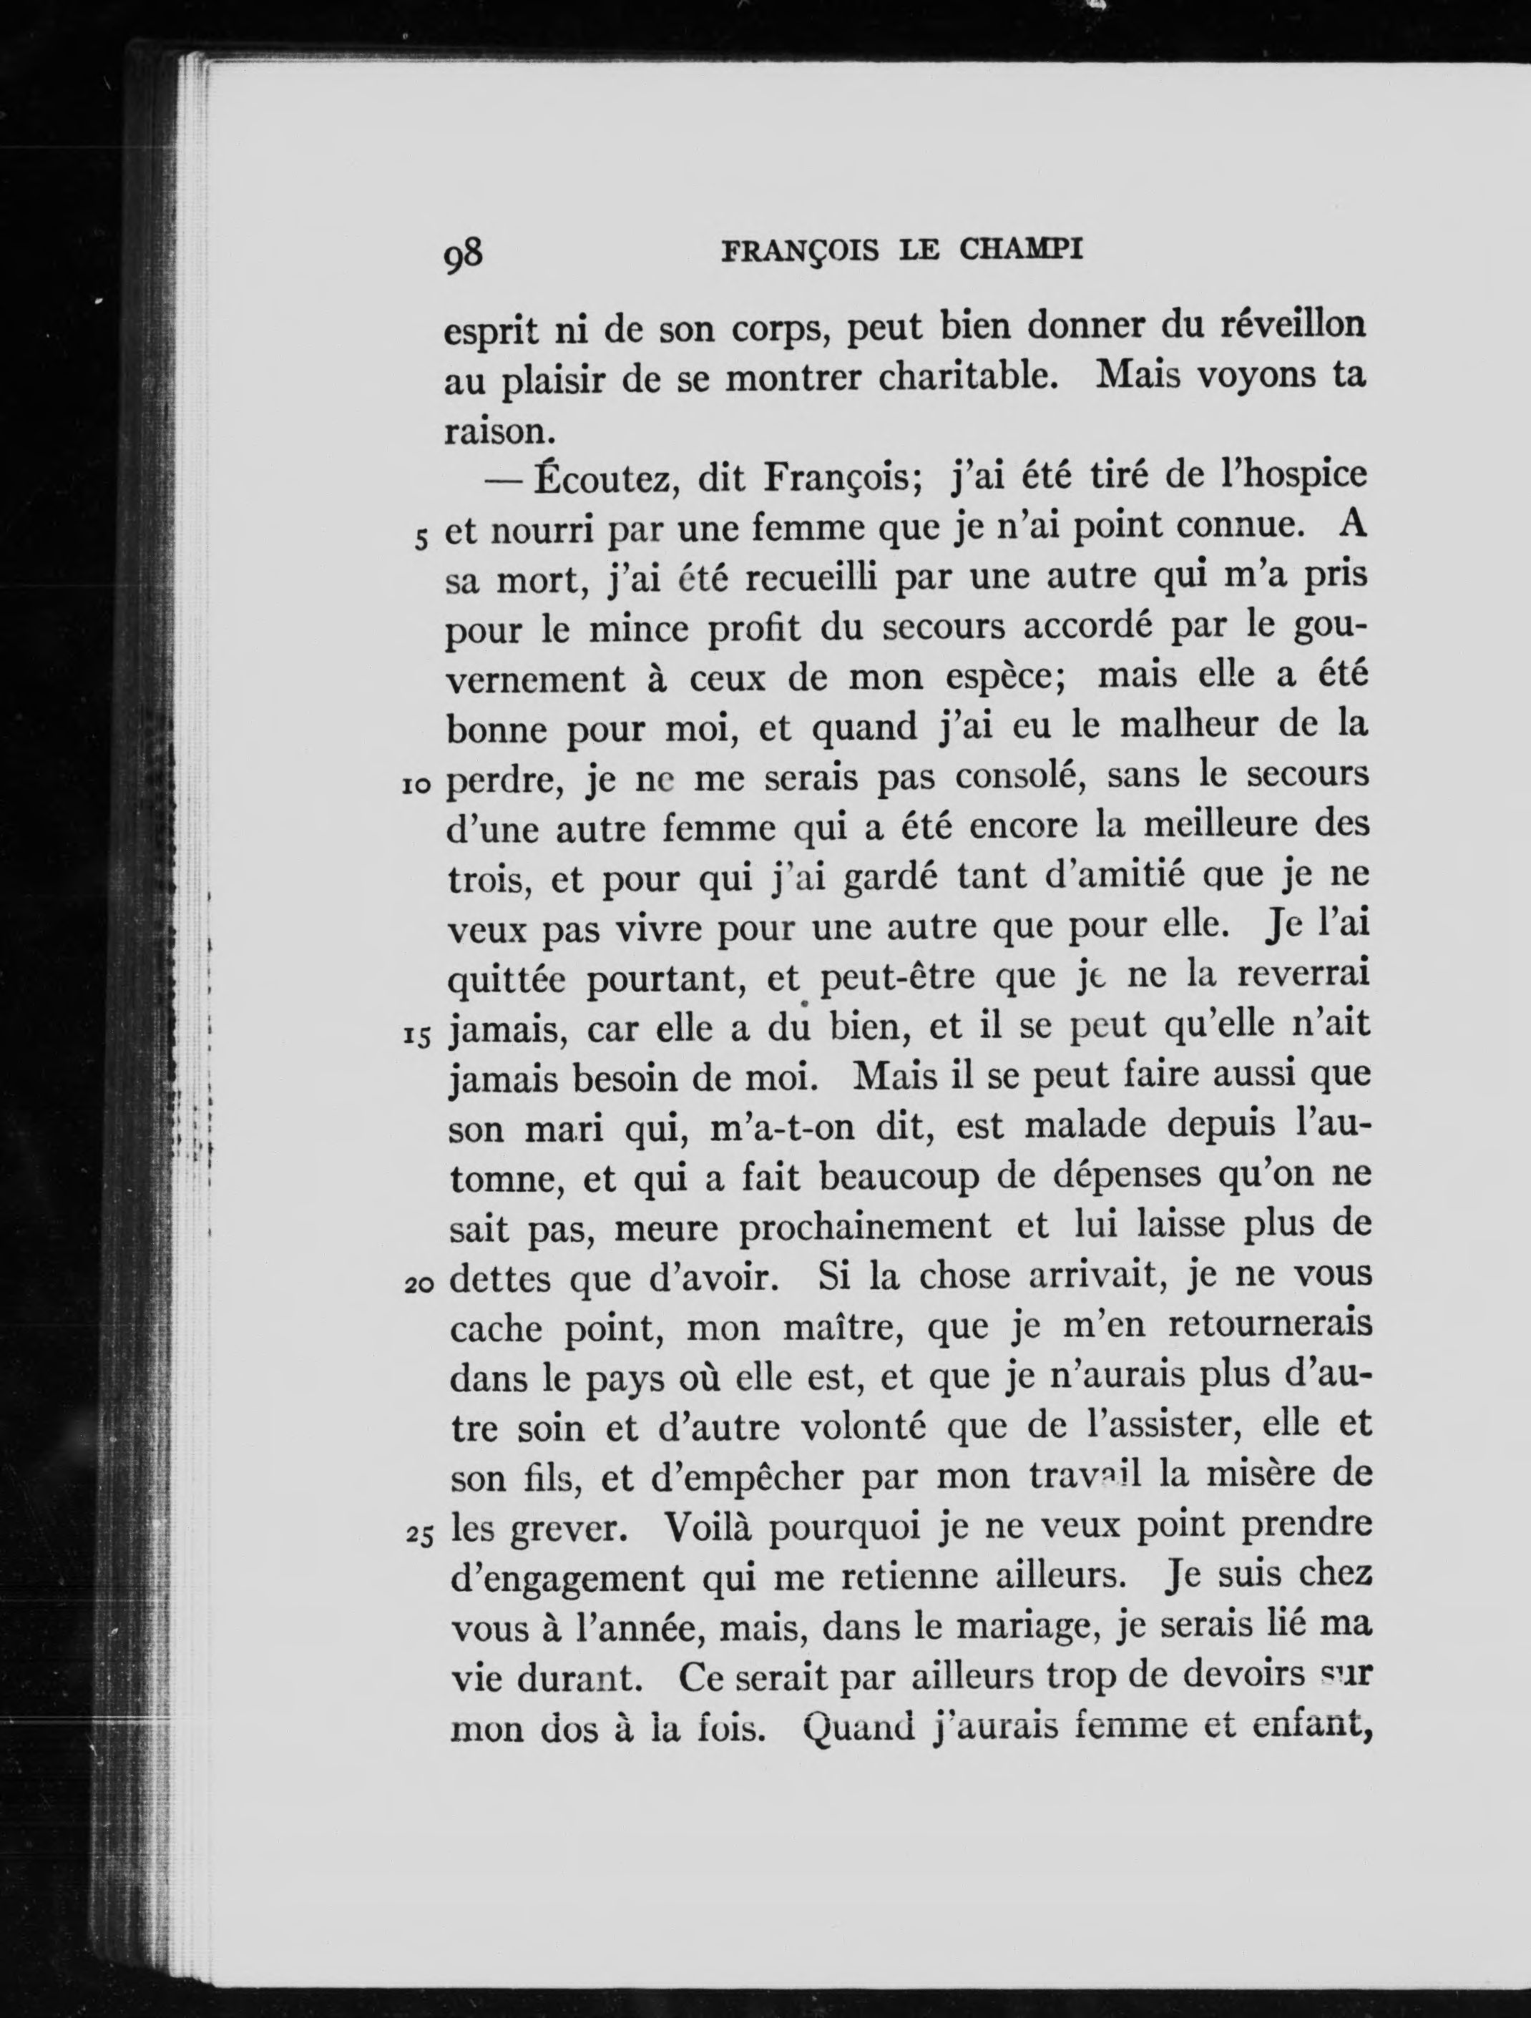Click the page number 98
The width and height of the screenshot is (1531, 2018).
[463, 255]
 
